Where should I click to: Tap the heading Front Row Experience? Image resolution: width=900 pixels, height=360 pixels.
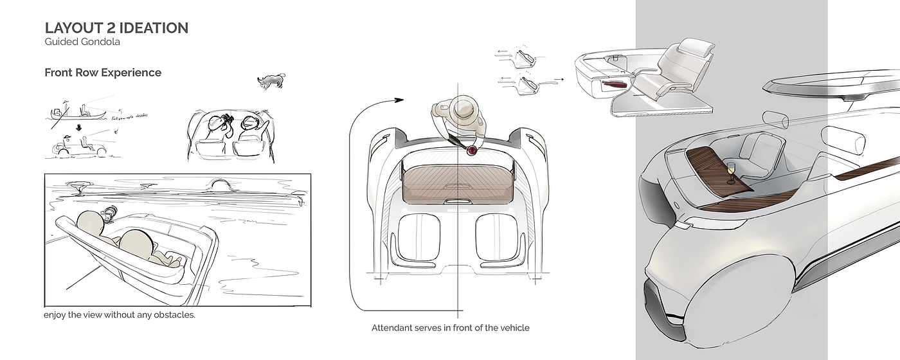tap(103, 73)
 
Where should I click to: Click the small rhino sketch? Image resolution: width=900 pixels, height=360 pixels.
tap(271, 80)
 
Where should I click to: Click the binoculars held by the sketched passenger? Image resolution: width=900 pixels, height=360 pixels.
tap(226, 120)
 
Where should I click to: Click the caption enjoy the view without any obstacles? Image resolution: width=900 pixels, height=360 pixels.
tap(120, 315)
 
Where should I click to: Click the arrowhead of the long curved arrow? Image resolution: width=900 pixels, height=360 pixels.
tap(398, 100)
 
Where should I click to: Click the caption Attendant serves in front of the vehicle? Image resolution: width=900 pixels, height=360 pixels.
tap(450, 328)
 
